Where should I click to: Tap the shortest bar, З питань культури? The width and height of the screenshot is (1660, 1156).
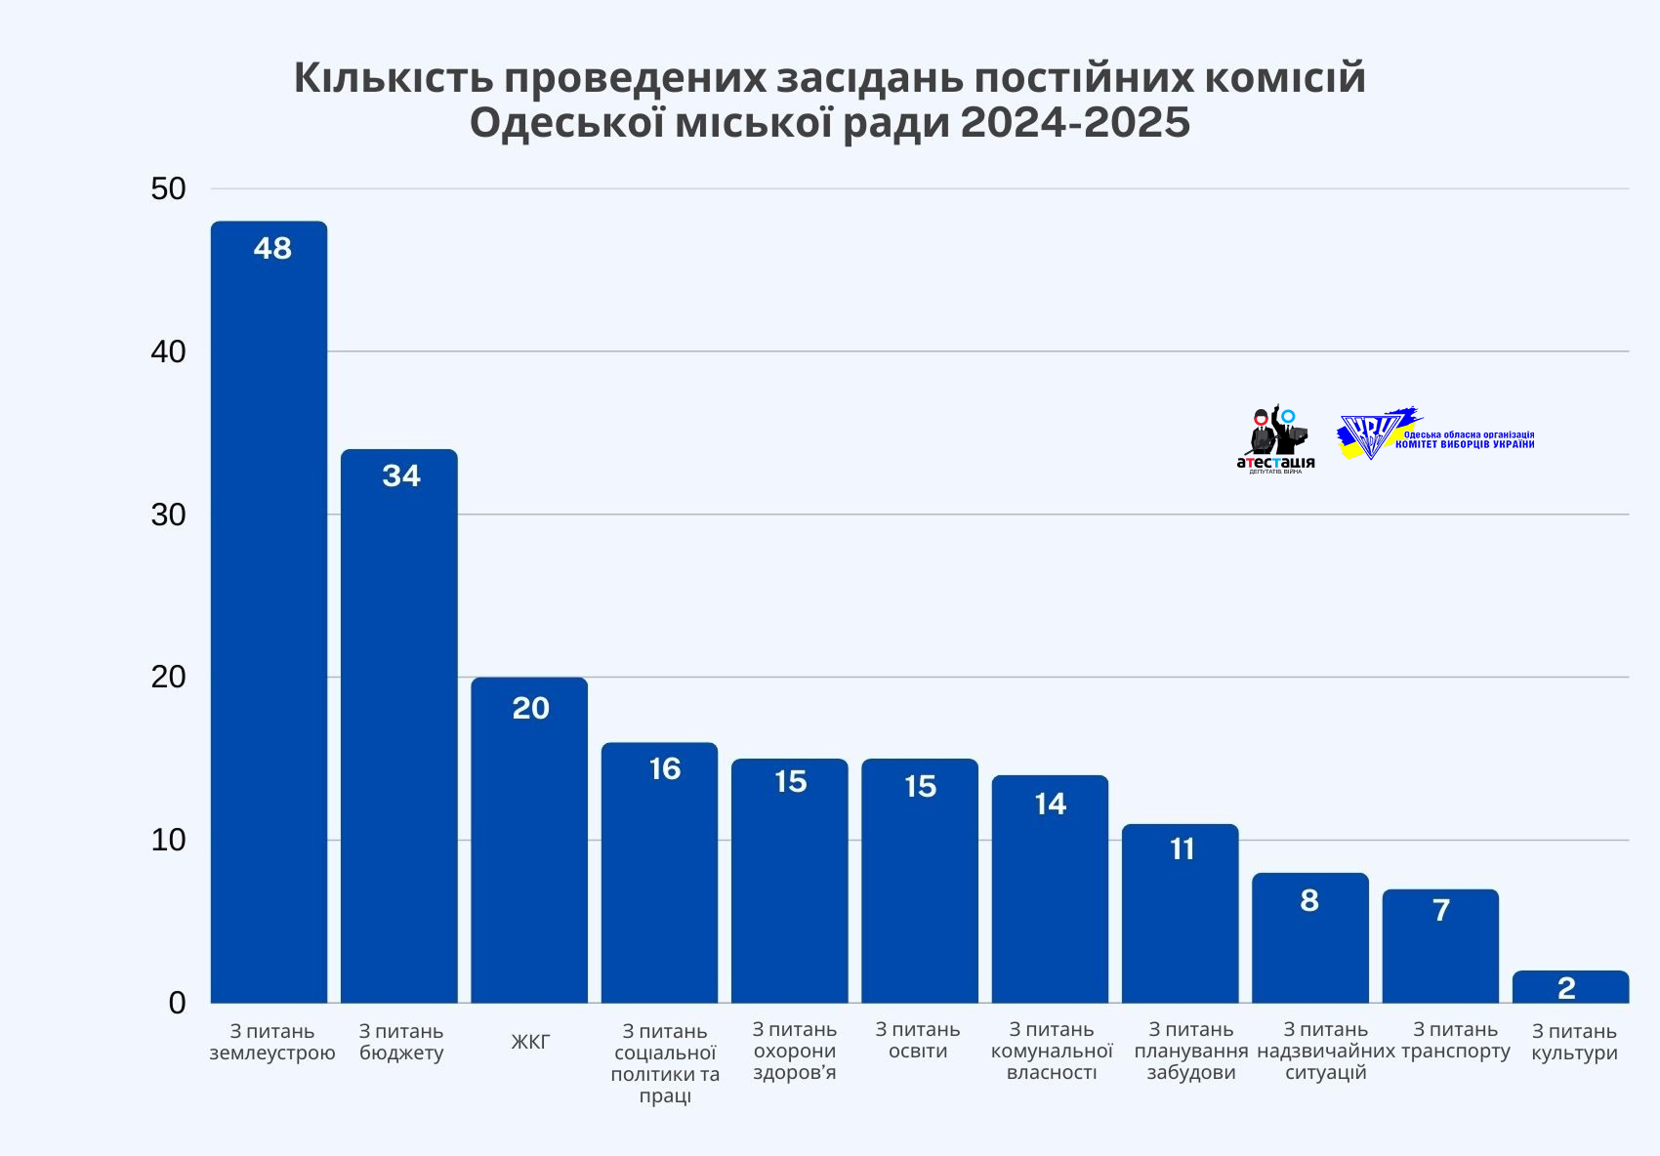[1570, 988]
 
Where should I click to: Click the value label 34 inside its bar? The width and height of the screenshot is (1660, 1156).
[400, 476]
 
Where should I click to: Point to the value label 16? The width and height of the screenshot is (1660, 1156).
[664, 769]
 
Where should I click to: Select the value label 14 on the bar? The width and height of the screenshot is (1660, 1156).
[1051, 805]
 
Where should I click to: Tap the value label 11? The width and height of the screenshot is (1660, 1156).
[1182, 849]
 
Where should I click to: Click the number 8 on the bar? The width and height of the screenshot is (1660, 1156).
[1309, 900]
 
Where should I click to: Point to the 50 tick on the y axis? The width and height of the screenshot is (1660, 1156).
[168, 189]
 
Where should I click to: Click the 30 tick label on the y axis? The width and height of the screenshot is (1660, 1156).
[168, 515]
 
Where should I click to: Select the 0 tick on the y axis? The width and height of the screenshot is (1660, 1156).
[177, 1003]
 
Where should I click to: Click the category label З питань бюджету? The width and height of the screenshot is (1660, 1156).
[400, 1042]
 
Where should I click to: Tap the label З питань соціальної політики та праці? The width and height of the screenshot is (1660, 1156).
[664, 1063]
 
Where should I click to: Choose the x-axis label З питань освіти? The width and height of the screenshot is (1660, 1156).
[918, 1040]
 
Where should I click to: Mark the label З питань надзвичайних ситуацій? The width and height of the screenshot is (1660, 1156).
[1325, 1051]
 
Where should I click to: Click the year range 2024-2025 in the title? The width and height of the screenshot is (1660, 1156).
[1074, 124]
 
